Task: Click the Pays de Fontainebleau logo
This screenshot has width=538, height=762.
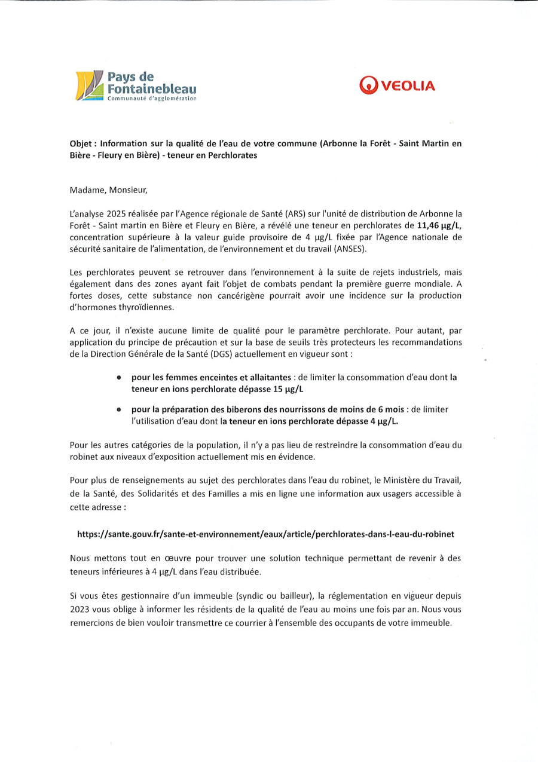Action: (x=136, y=85)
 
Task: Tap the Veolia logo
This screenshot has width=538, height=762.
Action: (x=397, y=85)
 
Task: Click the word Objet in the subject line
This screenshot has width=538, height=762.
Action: (x=81, y=143)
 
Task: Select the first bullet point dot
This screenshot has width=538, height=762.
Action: (x=119, y=378)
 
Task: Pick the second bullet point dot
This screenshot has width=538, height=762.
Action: (x=119, y=409)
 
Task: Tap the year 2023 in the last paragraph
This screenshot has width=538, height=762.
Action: (x=81, y=610)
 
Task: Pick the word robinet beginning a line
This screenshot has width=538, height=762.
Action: (x=84, y=457)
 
